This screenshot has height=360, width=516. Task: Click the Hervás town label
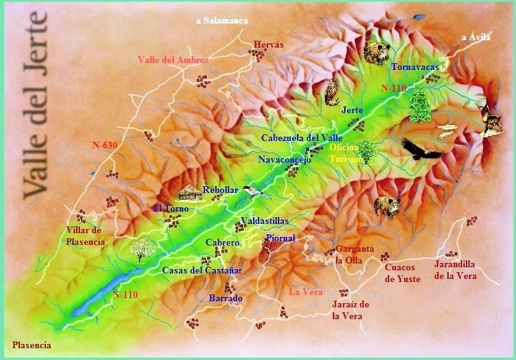point(269,45)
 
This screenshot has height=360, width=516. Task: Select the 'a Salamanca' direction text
point(221,20)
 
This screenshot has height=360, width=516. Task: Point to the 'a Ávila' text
point(476,38)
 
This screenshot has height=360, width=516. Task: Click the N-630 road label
point(105,145)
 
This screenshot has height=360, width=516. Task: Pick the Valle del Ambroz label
point(173,60)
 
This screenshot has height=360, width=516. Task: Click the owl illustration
point(332,92)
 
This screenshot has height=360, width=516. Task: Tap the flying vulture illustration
point(421,150)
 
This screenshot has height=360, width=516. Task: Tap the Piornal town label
point(280,238)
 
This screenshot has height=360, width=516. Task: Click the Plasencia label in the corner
point(32,345)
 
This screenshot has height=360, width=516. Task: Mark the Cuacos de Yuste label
point(402,273)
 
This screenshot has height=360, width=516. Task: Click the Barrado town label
point(225,298)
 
